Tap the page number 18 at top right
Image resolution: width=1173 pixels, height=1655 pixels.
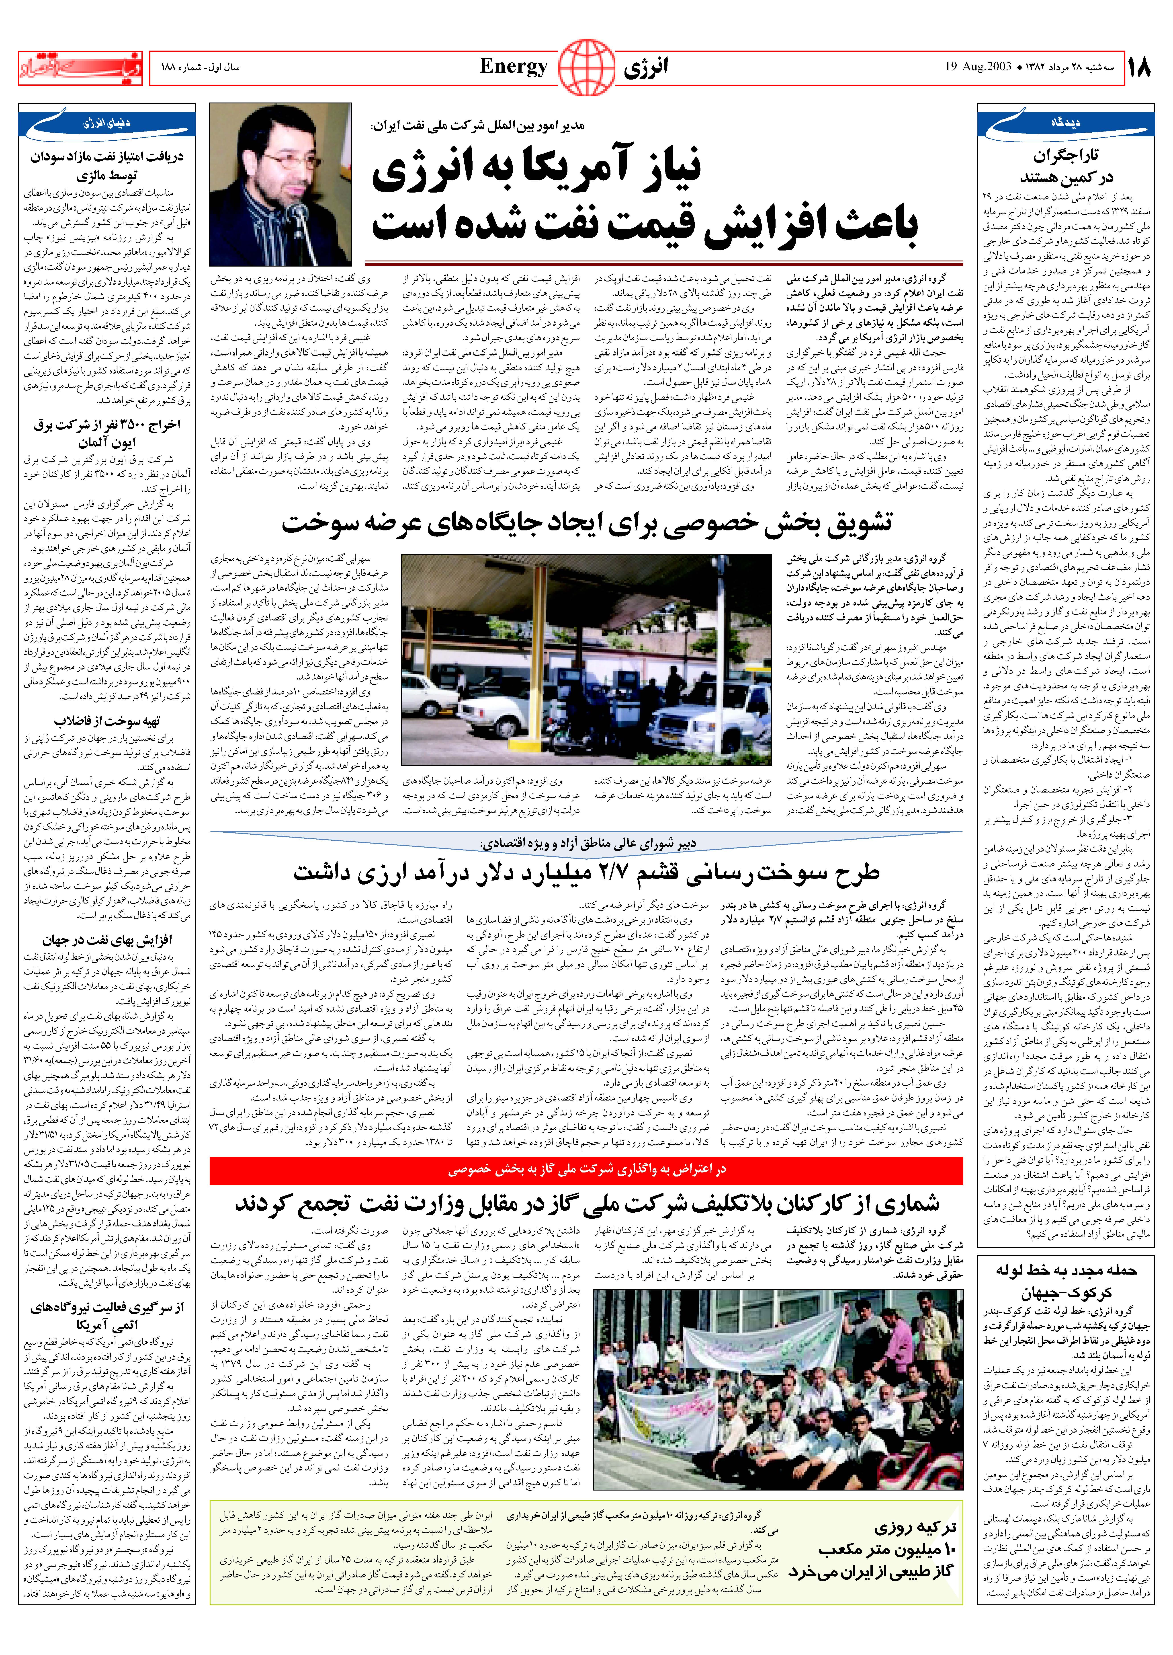click(1139, 69)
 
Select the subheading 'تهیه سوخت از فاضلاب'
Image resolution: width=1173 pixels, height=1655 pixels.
click(107, 721)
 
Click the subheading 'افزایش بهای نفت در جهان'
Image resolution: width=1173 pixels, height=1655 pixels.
click(107, 940)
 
